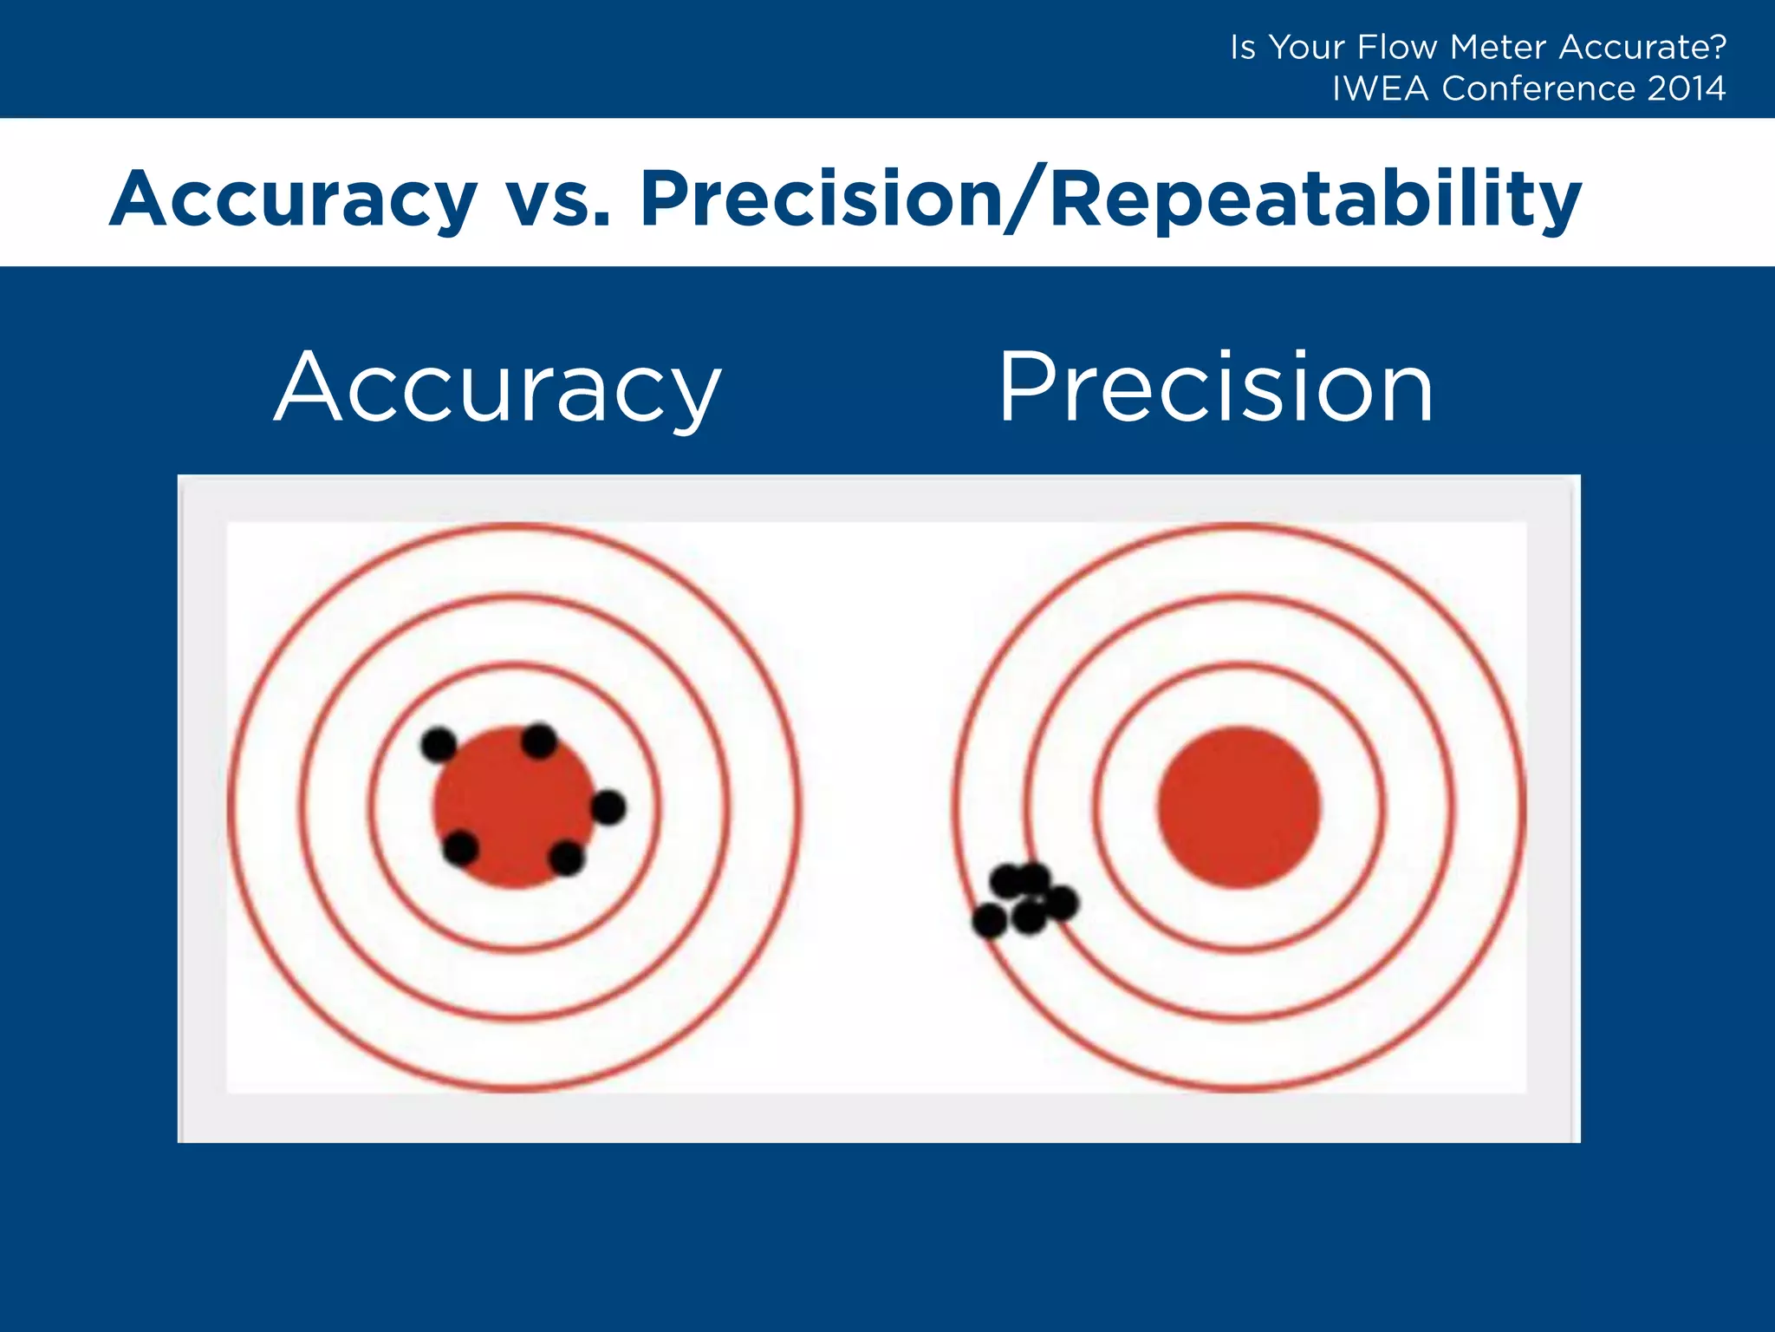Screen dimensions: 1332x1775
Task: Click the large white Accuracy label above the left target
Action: (497, 388)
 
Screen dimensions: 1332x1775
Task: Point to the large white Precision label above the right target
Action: (1215, 388)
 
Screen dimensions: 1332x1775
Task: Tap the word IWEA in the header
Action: (1380, 88)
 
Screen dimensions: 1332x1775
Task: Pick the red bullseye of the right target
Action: (1239, 807)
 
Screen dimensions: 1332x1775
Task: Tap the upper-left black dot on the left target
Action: (439, 744)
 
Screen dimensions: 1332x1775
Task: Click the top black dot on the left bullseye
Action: (539, 741)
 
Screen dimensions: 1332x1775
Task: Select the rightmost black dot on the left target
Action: (608, 807)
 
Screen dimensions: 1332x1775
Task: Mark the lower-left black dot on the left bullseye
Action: (460, 847)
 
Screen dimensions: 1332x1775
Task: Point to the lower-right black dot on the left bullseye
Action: (567, 858)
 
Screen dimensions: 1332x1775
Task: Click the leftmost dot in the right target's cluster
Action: (989, 920)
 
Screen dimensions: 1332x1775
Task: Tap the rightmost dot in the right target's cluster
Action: (1062, 903)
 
